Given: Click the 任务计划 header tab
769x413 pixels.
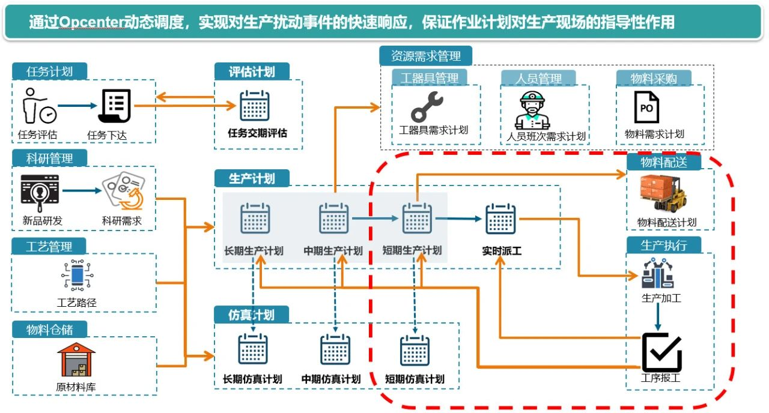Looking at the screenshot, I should [49, 71].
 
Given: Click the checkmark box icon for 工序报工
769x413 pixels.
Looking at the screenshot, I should [661, 352].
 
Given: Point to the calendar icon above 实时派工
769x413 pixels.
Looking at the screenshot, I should [500, 219].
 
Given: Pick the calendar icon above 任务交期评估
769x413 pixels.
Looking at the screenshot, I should [255, 106].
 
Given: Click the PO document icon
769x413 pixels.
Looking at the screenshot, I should [646, 108].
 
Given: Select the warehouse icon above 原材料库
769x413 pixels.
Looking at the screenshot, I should [76, 360].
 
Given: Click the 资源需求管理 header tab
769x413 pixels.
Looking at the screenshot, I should [426, 56].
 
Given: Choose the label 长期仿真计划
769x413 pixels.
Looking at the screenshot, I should [252, 379].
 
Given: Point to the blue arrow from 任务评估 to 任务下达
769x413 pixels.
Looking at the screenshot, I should [78, 106].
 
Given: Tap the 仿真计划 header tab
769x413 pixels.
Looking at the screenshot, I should [252, 315].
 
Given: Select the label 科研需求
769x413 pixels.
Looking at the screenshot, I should [122, 221].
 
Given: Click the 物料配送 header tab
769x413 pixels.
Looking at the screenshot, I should [663, 163].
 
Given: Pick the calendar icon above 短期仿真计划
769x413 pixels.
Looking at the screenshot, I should [415, 350].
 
